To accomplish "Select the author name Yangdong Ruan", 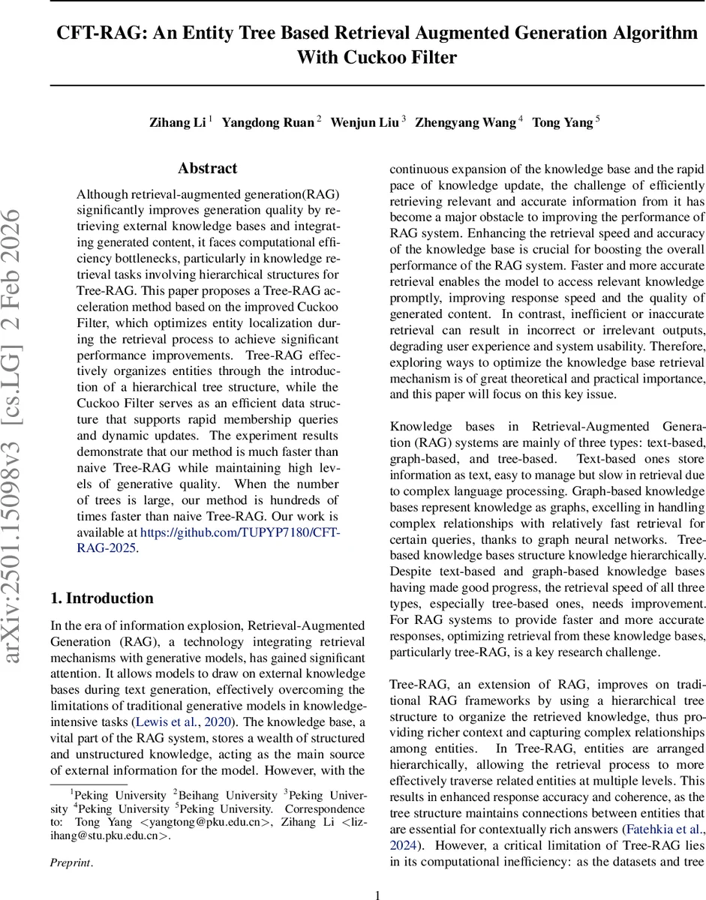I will [x=268, y=123].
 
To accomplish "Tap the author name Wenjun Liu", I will [x=365, y=123].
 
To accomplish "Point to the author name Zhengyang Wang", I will [x=465, y=123].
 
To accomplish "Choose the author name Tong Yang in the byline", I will [x=562, y=123].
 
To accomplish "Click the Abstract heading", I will [x=207, y=169].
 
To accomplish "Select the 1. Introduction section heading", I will [x=102, y=598].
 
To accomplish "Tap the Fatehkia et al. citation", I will [x=663, y=829].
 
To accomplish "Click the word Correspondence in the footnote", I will [x=329, y=809].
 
